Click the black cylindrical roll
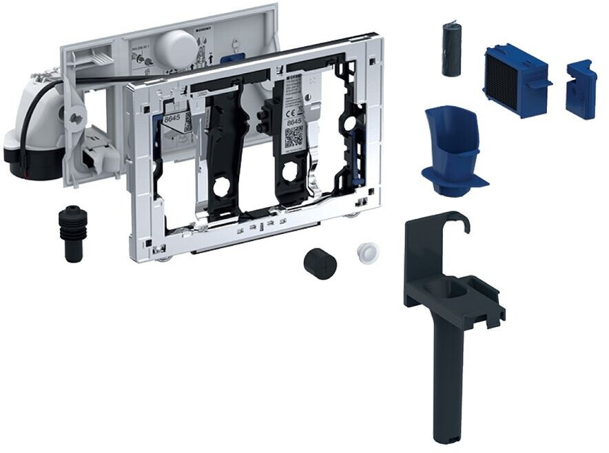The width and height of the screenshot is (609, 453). [x=452, y=49]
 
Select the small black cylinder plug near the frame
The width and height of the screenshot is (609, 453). [x=320, y=263]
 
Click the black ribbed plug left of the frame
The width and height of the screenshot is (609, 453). [x=74, y=232]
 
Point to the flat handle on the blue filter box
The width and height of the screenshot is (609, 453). [x=541, y=83]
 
